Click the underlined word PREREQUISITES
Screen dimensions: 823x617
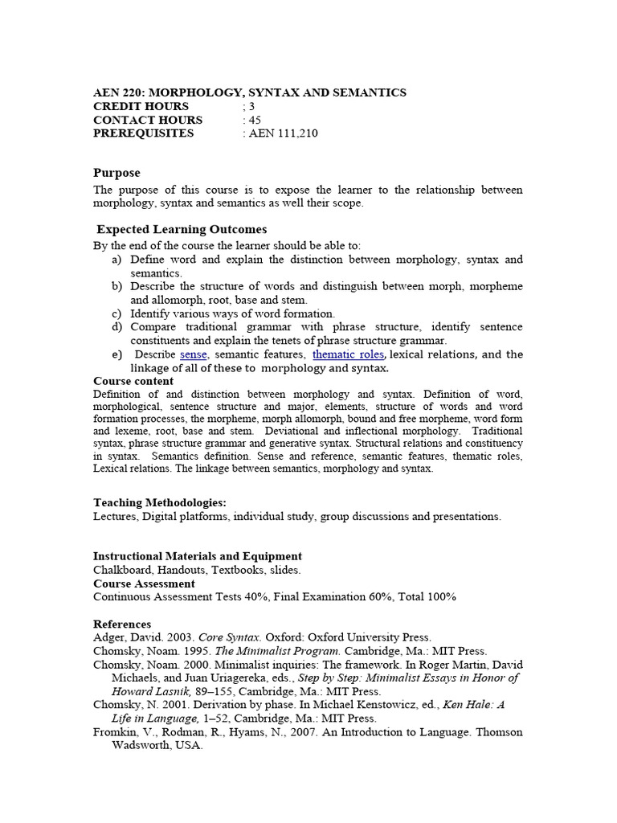point(144,133)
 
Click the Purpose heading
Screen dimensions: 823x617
point(116,173)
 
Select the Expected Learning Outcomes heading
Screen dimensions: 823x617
point(182,230)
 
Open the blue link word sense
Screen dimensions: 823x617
point(194,354)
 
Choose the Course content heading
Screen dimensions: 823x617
point(133,381)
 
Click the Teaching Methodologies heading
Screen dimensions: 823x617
point(160,502)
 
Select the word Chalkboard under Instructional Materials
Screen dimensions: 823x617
point(121,570)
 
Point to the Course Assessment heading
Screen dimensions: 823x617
point(144,583)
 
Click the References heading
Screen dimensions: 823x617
point(122,624)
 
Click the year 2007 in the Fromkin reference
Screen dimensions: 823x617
point(317,732)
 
